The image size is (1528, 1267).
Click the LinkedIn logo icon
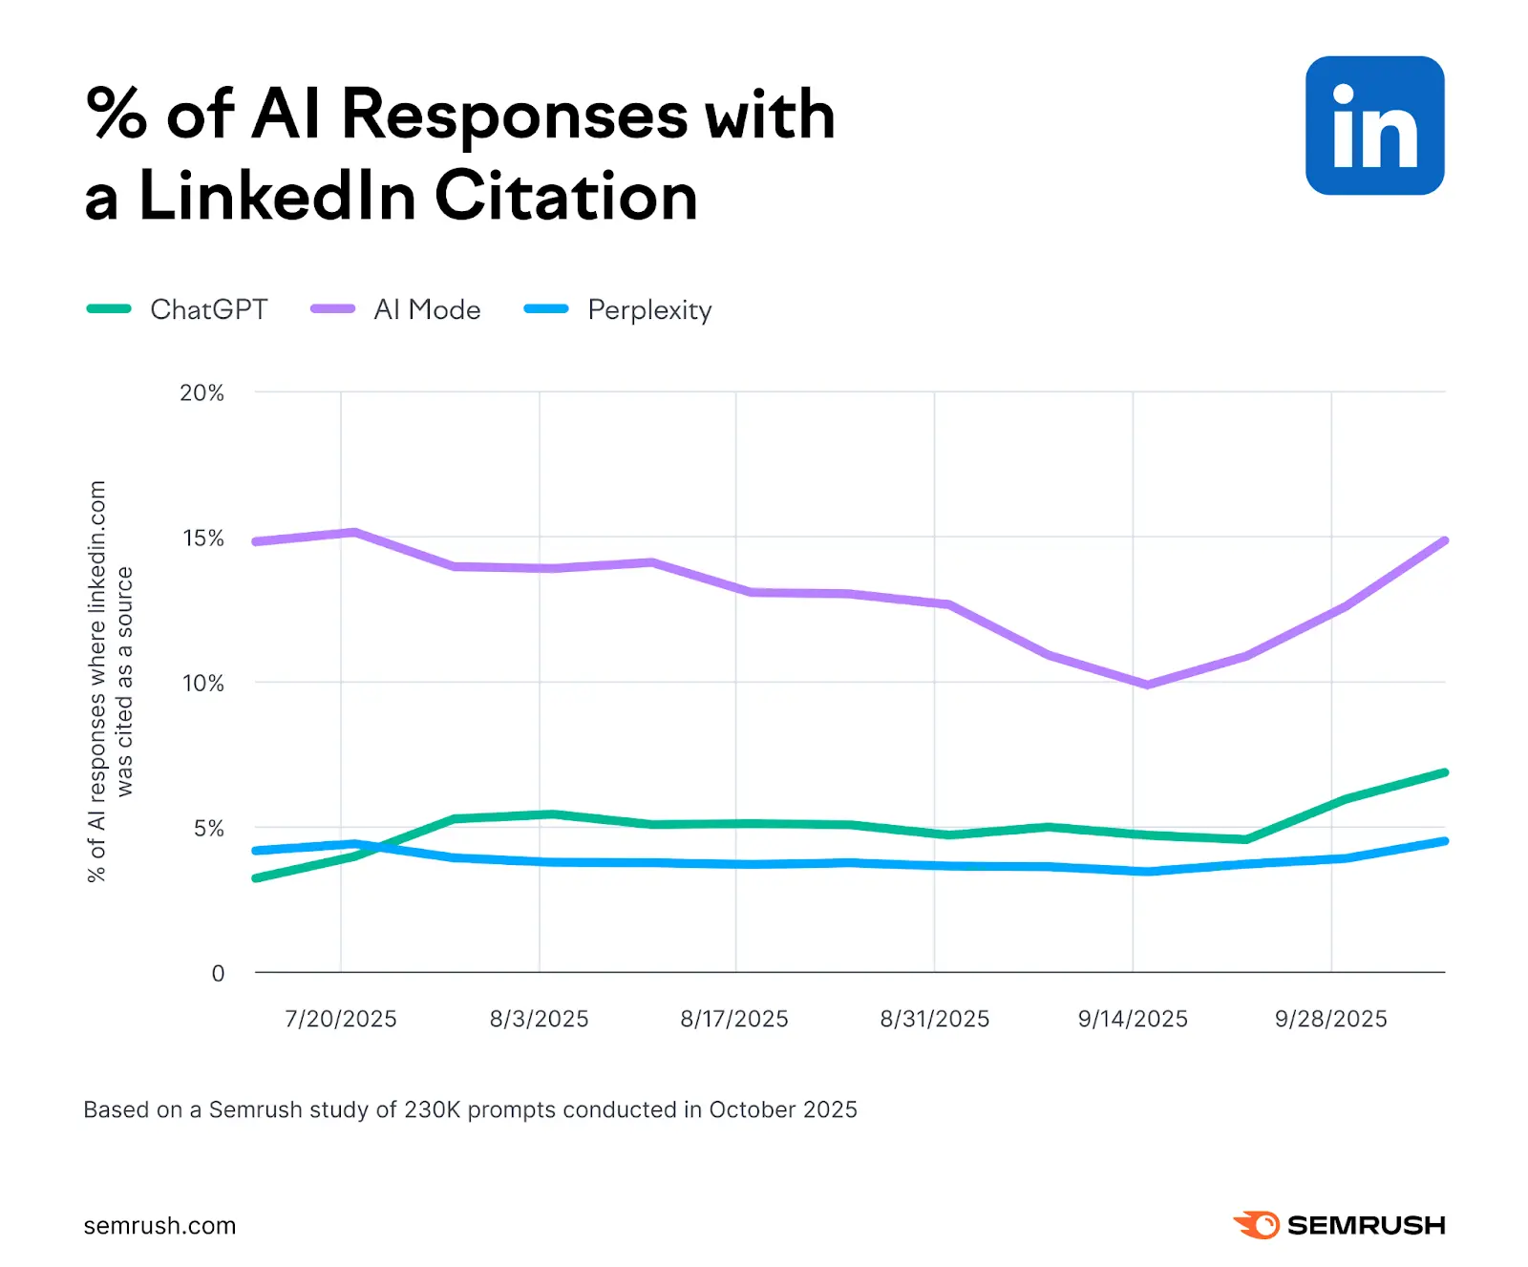pyautogui.click(x=1374, y=126)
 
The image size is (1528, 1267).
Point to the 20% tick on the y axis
pyautogui.click(x=202, y=392)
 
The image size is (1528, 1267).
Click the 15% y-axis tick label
pyautogui.click(x=203, y=538)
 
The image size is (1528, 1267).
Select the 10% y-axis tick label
pyautogui.click(x=203, y=684)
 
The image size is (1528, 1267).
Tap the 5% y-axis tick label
pyautogui.click(x=208, y=829)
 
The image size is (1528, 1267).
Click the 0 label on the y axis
pyautogui.click(x=218, y=973)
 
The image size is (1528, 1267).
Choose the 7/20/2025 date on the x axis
pyautogui.click(x=341, y=1019)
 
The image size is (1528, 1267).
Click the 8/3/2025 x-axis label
pyautogui.click(x=539, y=1019)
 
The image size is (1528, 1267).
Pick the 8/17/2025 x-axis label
pyautogui.click(x=734, y=1019)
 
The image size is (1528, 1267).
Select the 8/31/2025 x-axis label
pyautogui.click(x=934, y=1019)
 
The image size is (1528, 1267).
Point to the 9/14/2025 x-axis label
pyautogui.click(x=1133, y=1019)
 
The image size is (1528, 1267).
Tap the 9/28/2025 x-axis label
pyautogui.click(x=1330, y=1019)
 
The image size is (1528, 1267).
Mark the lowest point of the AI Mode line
pyautogui.click(x=1147, y=685)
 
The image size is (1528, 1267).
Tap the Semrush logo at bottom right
pyautogui.click(x=1339, y=1225)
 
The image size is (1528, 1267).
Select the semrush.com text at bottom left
pyautogui.click(x=159, y=1226)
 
